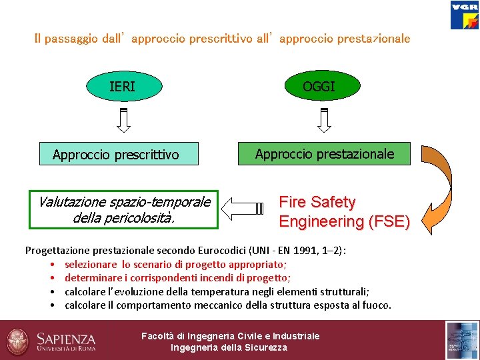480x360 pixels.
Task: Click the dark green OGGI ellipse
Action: pos(319,85)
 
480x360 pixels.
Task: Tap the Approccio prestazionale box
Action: pos(325,154)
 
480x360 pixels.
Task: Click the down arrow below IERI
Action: pos(123,118)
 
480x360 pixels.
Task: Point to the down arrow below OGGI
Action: pos(324,118)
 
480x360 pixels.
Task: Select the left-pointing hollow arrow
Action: pos(244,209)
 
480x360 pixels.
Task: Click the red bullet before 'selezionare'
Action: pos(51,265)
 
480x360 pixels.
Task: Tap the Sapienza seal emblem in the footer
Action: pos(19,340)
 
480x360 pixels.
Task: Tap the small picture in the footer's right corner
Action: pos(462,340)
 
